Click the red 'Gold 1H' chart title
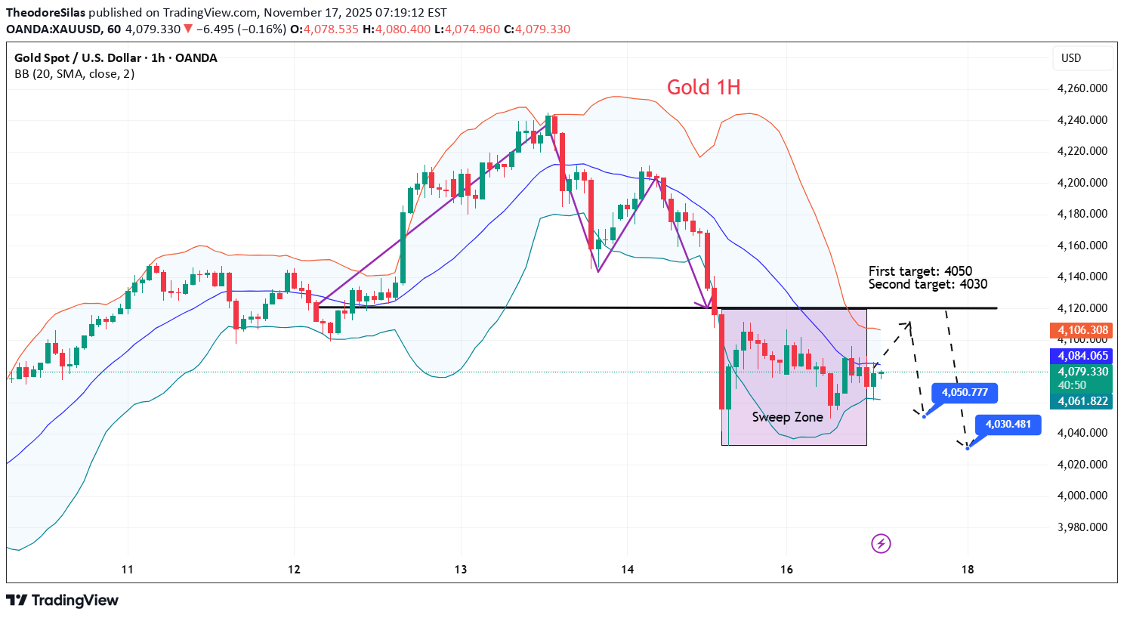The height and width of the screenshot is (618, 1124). click(x=703, y=88)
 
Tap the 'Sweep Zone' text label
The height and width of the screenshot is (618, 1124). click(x=787, y=417)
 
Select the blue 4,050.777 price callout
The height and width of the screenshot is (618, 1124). click(x=965, y=393)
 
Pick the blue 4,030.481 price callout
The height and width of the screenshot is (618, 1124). click(x=1008, y=425)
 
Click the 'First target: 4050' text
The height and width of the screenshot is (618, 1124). click(x=920, y=271)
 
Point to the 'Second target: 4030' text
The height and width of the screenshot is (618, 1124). click(x=928, y=285)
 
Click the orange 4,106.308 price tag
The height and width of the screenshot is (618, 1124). click(x=1082, y=330)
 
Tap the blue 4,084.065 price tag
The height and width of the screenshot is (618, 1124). click(x=1082, y=356)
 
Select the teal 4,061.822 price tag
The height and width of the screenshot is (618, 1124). click(x=1082, y=401)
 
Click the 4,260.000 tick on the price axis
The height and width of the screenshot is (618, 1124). click(x=1082, y=88)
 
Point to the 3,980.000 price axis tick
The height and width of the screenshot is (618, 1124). click(x=1082, y=527)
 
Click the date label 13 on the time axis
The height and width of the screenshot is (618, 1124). click(x=461, y=570)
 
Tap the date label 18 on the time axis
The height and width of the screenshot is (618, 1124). click(x=968, y=570)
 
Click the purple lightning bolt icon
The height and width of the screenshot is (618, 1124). click(x=881, y=543)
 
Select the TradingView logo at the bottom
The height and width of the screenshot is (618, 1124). click(x=63, y=601)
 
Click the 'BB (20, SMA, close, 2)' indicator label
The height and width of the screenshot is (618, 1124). click(x=75, y=74)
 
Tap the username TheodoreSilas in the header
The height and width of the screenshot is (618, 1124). click(x=45, y=13)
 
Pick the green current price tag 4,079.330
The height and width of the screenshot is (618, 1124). click(x=1082, y=372)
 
